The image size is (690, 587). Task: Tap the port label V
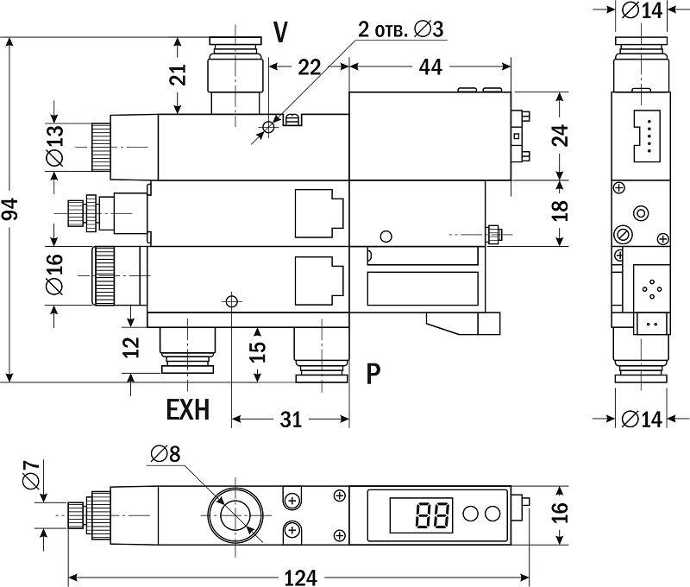click(280, 32)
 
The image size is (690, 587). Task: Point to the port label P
click(373, 373)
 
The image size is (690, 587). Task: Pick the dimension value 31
click(292, 420)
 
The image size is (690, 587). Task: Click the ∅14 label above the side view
click(640, 11)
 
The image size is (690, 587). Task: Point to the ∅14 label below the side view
click(640, 419)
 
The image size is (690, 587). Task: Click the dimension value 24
click(561, 135)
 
